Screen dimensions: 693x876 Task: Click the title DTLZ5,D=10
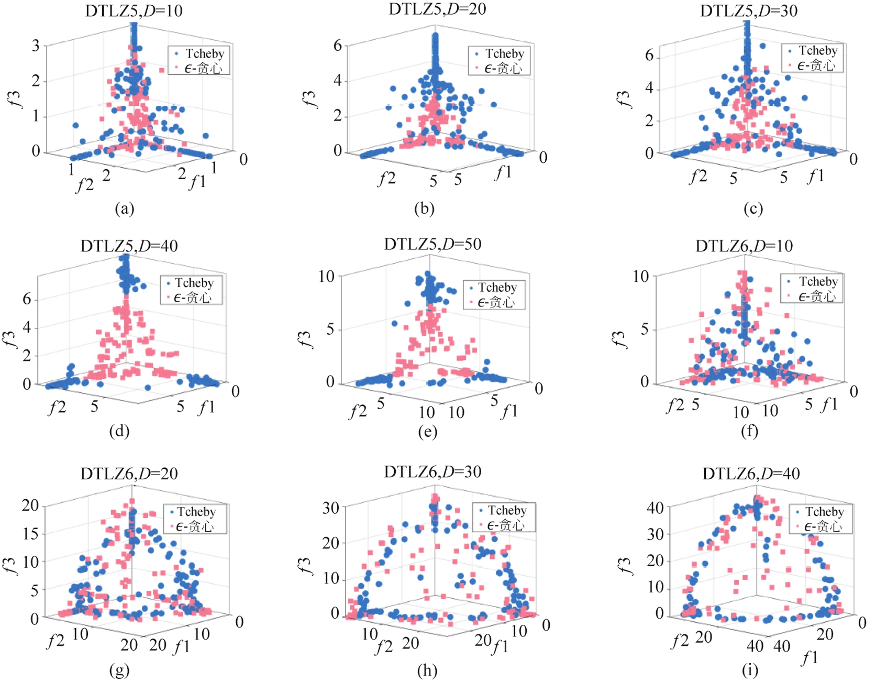[x=134, y=11]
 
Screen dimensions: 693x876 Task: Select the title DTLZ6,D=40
[x=751, y=474]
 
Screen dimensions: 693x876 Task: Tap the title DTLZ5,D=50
[x=433, y=244]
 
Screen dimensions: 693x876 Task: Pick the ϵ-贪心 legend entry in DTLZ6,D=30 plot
[x=505, y=525]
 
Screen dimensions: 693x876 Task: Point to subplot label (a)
[x=125, y=208]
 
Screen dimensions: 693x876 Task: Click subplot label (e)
[x=427, y=431]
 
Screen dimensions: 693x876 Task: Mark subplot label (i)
[x=750, y=670]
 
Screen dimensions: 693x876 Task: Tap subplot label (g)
[x=119, y=670]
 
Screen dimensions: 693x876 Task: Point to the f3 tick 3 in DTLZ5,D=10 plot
[x=36, y=46]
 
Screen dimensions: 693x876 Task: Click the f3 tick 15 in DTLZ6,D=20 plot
[x=30, y=534]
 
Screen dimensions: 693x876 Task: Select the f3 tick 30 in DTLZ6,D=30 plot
[x=331, y=508]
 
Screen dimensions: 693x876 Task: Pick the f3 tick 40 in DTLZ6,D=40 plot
[x=655, y=508]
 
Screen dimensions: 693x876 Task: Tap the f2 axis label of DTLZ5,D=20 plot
[x=386, y=179]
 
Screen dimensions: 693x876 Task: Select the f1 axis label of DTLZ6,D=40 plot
[x=810, y=658]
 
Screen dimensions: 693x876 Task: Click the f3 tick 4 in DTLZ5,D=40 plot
[x=27, y=328]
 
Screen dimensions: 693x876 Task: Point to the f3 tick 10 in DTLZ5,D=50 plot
[x=326, y=277]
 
